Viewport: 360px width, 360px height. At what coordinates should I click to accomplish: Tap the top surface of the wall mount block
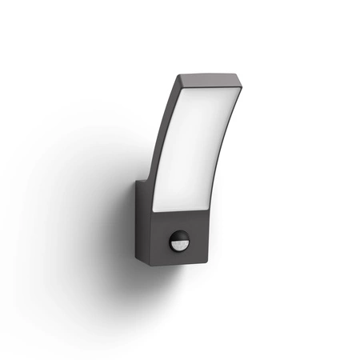[x=144, y=185]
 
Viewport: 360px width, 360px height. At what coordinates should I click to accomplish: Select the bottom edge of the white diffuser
[x=184, y=210]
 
